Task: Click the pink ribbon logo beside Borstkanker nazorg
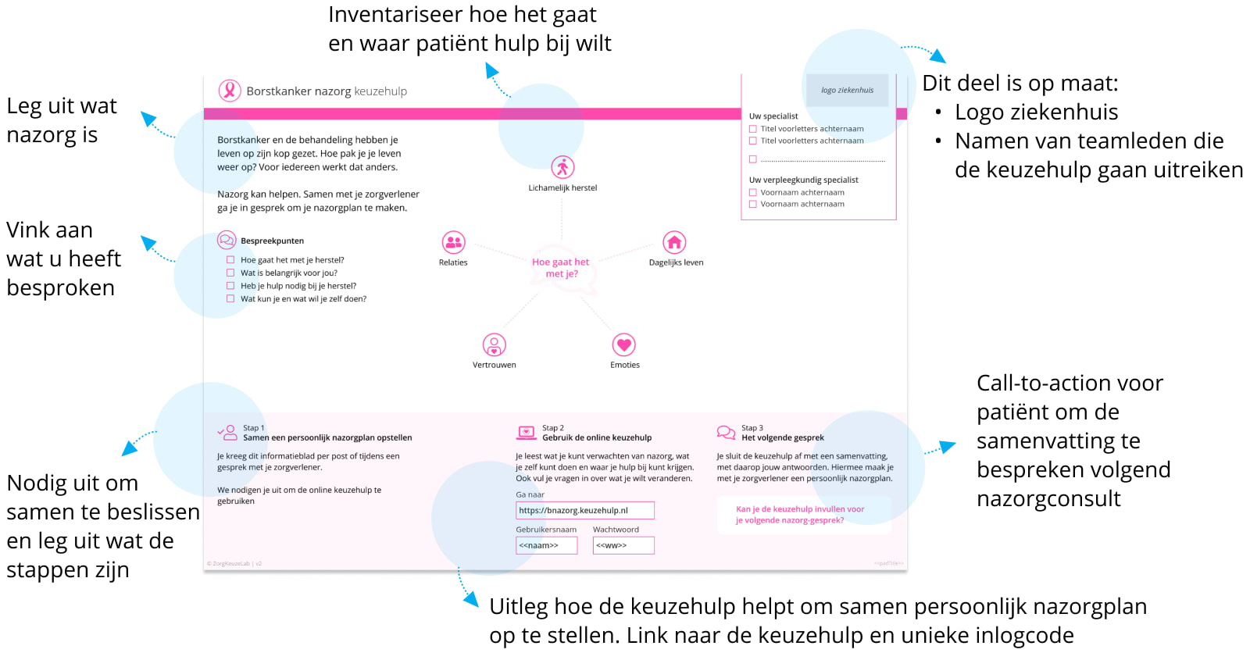[x=229, y=91]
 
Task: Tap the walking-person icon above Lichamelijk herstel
[x=562, y=167]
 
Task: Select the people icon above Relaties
[x=453, y=242]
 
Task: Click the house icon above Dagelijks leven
[x=674, y=242]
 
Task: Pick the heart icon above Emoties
[x=623, y=344]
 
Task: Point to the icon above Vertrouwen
[x=494, y=344]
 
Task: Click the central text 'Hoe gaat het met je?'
[x=560, y=268]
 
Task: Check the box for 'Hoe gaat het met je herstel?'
[x=230, y=260]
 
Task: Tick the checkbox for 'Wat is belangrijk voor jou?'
[x=230, y=273]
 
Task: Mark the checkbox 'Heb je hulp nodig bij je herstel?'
[x=230, y=286]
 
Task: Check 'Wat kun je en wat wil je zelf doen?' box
[x=230, y=298]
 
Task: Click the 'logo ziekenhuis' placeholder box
[x=847, y=90]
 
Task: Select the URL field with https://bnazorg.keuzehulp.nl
[x=584, y=510]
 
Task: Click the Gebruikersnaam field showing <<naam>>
[x=546, y=545]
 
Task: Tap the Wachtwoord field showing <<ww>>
[x=623, y=545]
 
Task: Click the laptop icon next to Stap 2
[x=526, y=433]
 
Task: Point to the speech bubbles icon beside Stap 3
[x=726, y=432]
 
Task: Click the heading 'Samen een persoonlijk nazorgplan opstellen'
[x=327, y=437]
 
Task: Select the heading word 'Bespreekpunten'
[x=272, y=241]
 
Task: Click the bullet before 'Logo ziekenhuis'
[x=938, y=112]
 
